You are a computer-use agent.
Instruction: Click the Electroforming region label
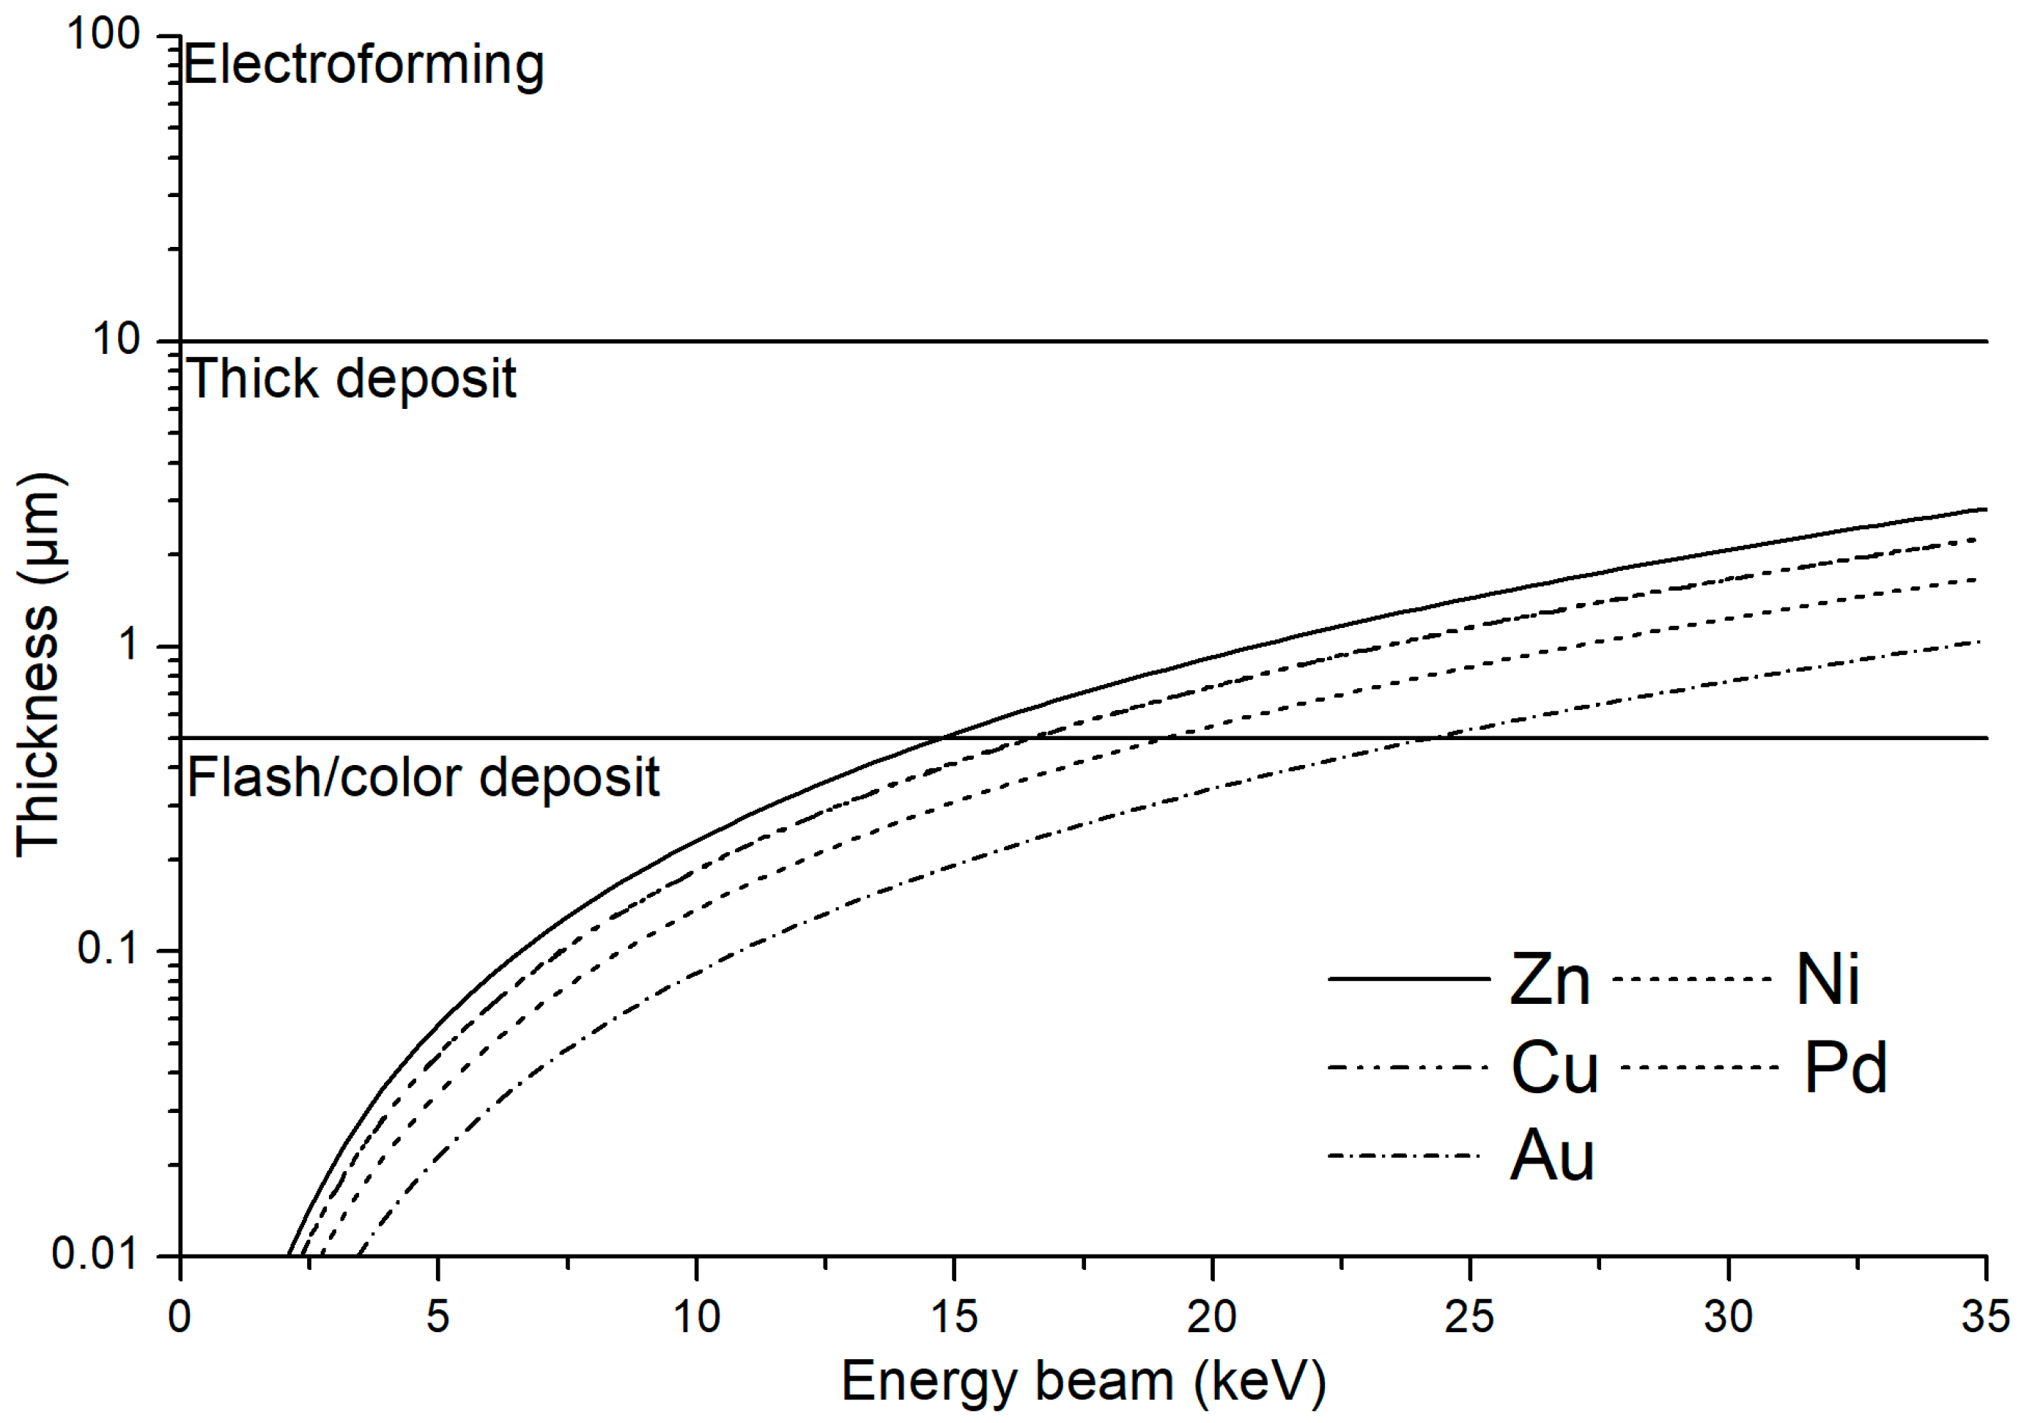(x=363, y=66)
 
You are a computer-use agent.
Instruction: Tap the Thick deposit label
(x=351, y=380)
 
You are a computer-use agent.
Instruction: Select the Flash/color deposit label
(x=423, y=778)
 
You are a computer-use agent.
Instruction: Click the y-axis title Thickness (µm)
(x=38, y=665)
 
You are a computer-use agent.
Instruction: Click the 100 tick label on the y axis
(x=104, y=35)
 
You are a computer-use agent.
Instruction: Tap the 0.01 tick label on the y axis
(x=95, y=1253)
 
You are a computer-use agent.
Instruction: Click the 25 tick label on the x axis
(x=1469, y=1317)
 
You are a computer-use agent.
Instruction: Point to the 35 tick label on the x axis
(x=1985, y=1317)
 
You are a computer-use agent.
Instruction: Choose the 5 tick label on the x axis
(x=437, y=1317)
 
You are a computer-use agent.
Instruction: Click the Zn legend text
(x=1550, y=980)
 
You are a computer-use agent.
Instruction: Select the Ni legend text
(x=1828, y=980)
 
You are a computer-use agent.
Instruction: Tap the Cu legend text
(x=1554, y=1068)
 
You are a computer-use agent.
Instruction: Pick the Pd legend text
(x=1845, y=1068)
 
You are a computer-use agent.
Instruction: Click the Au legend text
(x=1552, y=1156)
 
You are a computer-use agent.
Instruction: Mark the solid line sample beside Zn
(x=1408, y=979)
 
